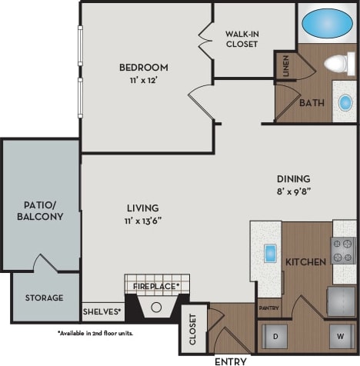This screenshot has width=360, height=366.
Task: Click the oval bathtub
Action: click(x=328, y=23)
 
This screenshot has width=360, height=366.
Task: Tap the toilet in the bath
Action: click(x=336, y=63)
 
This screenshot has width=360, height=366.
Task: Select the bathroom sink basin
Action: click(x=345, y=101)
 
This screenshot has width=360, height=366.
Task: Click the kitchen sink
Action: click(x=270, y=252)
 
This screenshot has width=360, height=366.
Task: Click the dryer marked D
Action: click(x=275, y=335)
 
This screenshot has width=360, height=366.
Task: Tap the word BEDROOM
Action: click(x=144, y=67)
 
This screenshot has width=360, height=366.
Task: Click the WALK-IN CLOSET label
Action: click(x=242, y=38)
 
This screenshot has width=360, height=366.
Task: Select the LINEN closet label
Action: click(x=286, y=66)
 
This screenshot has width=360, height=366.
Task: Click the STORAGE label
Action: click(x=44, y=298)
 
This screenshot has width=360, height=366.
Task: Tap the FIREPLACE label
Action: click(x=156, y=286)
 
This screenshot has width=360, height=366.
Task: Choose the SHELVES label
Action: click(x=102, y=311)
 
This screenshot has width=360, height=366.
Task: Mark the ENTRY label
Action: click(x=231, y=360)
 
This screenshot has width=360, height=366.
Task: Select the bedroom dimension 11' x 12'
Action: click(x=144, y=79)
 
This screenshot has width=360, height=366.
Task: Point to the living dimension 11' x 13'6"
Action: click(x=143, y=221)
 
